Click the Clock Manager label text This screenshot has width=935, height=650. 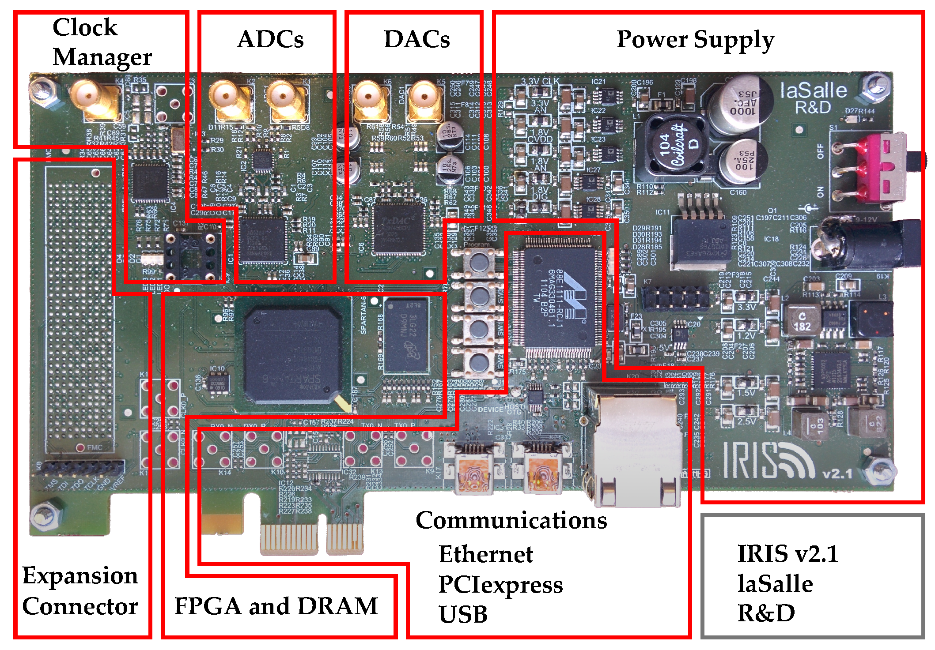(x=102, y=42)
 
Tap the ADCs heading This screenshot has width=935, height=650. (x=270, y=39)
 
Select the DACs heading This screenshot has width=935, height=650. (x=417, y=39)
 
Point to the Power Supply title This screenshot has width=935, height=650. (x=695, y=40)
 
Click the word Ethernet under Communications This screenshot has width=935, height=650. (x=485, y=554)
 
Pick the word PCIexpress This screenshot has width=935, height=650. (x=500, y=584)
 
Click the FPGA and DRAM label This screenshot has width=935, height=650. (x=276, y=606)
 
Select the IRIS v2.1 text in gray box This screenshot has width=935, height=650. (x=787, y=553)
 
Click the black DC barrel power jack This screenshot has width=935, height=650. (x=866, y=245)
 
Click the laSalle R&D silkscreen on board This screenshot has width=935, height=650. (x=813, y=98)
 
